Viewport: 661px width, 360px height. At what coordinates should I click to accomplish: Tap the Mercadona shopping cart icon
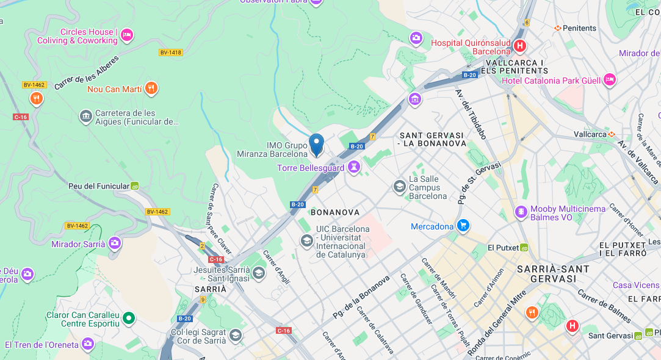coord(463,226)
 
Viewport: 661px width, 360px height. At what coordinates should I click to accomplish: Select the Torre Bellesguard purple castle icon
coord(354,167)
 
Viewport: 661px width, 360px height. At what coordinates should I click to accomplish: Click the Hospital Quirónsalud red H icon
coord(519,46)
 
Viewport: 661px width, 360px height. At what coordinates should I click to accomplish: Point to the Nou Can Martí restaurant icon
coord(151,89)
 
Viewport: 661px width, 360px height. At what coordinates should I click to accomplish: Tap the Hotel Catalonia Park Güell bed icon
coord(609,80)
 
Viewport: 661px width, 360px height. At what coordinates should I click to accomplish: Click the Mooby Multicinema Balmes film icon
coord(521,212)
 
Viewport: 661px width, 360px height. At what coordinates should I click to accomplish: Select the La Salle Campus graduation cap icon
coord(400,186)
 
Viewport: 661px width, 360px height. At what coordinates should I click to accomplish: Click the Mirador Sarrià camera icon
coord(115,244)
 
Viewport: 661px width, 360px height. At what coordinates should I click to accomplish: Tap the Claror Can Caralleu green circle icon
coord(128,318)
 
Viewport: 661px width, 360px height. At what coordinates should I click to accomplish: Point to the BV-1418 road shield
coord(171,52)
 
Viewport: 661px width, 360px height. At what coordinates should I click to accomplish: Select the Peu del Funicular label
coord(99,186)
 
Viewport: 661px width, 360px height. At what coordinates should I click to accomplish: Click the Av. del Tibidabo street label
coord(471,114)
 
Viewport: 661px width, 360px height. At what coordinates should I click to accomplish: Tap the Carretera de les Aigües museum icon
coord(86,115)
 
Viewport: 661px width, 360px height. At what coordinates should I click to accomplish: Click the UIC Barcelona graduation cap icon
coord(306,241)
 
